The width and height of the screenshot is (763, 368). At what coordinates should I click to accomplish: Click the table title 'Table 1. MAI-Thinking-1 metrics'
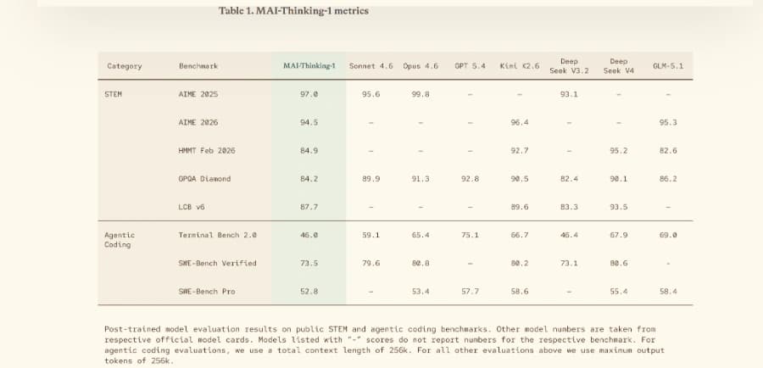pos(293,11)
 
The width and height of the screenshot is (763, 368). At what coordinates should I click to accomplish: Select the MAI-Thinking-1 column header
pos(309,66)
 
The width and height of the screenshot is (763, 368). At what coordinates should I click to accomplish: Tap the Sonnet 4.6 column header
pos(370,66)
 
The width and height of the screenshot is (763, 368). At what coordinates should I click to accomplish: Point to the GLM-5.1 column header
pos(668,66)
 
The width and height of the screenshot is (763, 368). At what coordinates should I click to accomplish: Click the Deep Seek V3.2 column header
pos(569,66)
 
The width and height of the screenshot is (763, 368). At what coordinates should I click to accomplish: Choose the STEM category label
pos(113,94)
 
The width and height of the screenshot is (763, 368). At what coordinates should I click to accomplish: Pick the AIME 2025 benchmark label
pos(198,94)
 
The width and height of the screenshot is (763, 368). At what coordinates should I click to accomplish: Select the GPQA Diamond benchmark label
pos(204,179)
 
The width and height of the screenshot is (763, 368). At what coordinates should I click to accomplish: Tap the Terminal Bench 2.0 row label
pos(218,235)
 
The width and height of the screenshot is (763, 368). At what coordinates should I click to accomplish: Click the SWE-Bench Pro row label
pos(207,291)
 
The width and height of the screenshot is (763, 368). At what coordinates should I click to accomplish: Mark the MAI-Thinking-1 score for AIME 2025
pos(309,94)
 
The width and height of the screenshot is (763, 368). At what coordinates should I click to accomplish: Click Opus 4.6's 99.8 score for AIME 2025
pos(420,94)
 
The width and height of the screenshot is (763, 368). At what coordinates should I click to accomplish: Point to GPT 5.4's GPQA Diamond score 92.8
pos(470,179)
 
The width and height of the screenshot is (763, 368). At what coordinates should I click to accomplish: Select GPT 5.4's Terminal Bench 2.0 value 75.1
pos(470,235)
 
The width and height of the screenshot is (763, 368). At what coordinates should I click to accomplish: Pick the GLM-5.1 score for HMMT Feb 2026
pos(668,150)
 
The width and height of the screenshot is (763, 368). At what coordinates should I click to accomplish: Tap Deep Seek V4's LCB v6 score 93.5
pos(619,207)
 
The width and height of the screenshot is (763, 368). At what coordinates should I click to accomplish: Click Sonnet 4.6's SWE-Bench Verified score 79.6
pos(370,263)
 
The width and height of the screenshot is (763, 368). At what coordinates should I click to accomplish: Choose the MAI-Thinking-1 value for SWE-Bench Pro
pos(309,291)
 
